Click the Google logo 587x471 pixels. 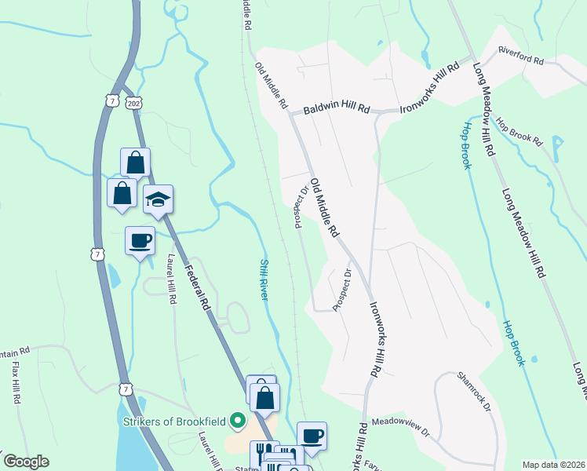click(25, 462)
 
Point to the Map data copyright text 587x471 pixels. click(554, 465)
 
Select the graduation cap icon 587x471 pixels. click(158, 199)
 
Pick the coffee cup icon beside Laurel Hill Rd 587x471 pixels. click(140, 239)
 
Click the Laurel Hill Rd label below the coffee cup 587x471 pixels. click(170, 279)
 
